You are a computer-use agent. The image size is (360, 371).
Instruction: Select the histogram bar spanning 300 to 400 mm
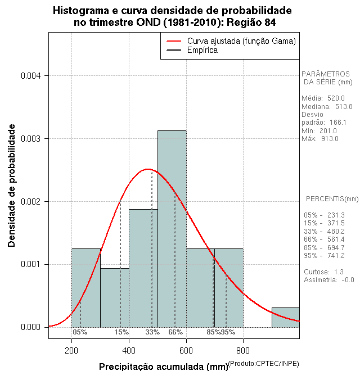114,297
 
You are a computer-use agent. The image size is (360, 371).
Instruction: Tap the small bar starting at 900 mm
285,317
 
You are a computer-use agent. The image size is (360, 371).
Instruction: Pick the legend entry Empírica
202,51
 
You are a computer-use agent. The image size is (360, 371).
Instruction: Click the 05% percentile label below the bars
80,332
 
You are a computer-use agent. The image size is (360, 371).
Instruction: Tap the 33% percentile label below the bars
152,332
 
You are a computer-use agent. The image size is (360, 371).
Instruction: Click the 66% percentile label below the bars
175,332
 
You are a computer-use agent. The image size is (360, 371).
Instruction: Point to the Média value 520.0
336,98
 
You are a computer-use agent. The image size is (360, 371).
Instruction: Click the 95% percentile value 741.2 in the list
335,256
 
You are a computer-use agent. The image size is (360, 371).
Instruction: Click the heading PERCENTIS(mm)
332,199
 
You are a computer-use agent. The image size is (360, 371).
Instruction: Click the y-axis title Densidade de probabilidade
12,185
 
